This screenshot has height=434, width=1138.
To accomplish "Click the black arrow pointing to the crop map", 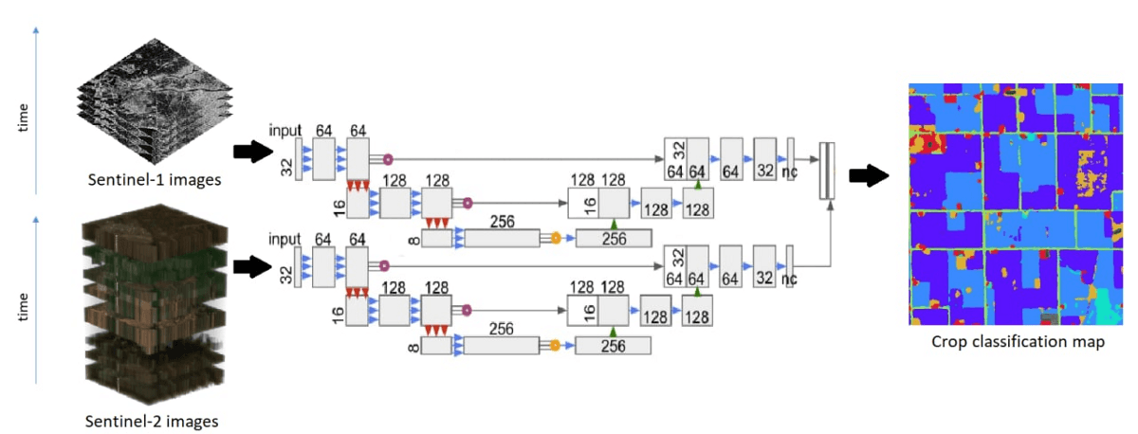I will click(868, 175).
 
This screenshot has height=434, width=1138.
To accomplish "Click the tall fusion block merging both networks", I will click(828, 170).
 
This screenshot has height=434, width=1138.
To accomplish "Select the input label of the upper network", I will click(284, 129).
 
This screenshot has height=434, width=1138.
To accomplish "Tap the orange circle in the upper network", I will click(556, 238).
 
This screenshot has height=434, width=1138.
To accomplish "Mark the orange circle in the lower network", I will click(556, 346).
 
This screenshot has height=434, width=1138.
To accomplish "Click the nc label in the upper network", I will click(789, 172).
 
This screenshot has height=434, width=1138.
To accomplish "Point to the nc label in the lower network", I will click(789, 280).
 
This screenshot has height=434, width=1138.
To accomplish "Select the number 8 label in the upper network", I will click(413, 240).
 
